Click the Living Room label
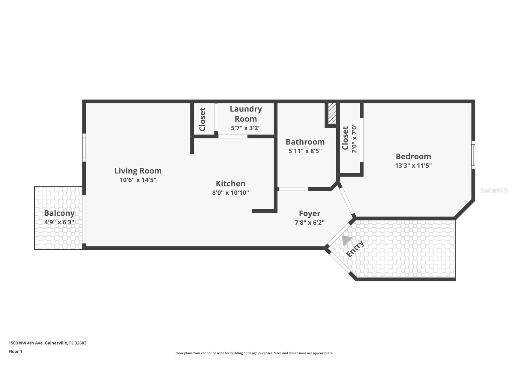pyautogui.click(x=138, y=171)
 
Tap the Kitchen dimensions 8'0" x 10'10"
pyautogui.click(x=230, y=193)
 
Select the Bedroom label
pyautogui.click(x=413, y=156)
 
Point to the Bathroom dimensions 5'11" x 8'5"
pyautogui.click(x=305, y=151)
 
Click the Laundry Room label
pyautogui.click(x=246, y=114)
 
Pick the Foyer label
pyautogui.click(x=310, y=214)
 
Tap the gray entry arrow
pyautogui.click(x=346, y=240)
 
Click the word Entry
pyautogui.click(x=355, y=249)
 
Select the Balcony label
pyautogui.click(x=59, y=213)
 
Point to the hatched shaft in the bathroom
pyautogui.click(x=332, y=114)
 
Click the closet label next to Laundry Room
pyautogui.click(x=202, y=119)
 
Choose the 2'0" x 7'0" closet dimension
pyautogui.click(x=354, y=138)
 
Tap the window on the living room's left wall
pyautogui.click(x=84, y=148)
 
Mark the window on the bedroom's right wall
pyautogui.click(x=473, y=155)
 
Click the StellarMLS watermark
pyautogui.click(x=494, y=190)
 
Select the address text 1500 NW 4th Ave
pyautogui.click(x=26, y=343)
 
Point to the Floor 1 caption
pyautogui.click(x=15, y=351)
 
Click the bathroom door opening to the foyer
pyautogui.click(x=293, y=189)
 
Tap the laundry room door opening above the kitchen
pyautogui.click(x=233, y=137)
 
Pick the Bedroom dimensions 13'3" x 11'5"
pyautogui.click(x=413, y=165)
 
